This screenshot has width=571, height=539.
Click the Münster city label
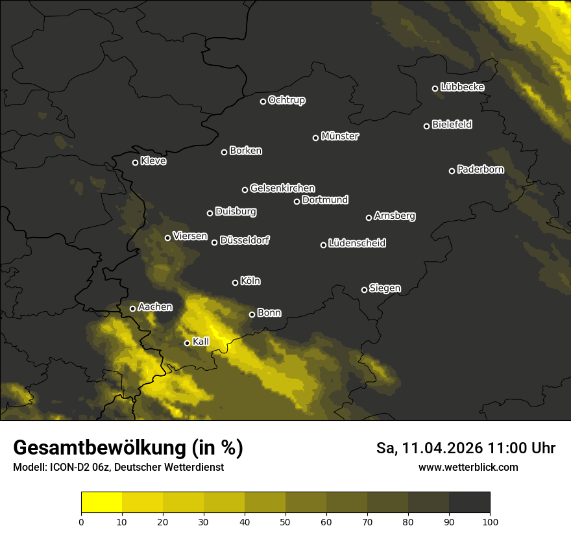339,136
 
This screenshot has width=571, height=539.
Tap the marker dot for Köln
235,282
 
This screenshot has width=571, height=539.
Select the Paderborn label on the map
480,170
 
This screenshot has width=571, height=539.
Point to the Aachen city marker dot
133,308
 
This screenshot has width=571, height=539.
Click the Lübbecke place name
462,87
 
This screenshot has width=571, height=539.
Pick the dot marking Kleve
136,162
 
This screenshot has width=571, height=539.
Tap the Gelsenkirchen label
282,188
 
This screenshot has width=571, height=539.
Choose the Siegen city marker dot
364,290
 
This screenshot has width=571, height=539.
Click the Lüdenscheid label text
357,244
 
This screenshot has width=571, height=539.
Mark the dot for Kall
187,343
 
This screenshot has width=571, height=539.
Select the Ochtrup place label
286,100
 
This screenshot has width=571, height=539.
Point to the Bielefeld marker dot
427,126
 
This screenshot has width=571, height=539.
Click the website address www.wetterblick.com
468,468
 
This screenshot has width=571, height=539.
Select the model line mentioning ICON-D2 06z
118,468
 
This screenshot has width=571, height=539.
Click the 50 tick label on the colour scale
285,521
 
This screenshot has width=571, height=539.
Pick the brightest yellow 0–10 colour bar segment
101,503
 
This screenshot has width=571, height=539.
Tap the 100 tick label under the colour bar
490,521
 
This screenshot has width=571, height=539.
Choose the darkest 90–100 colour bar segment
469,503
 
